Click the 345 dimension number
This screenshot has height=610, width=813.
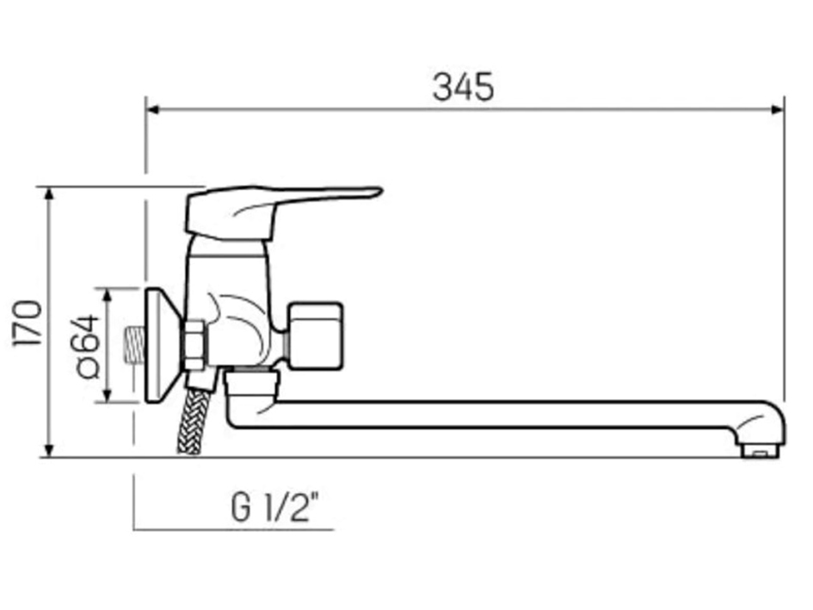coord(463,86)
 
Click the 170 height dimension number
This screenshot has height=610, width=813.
coord(28,323)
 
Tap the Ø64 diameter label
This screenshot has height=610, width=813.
coord(87,345)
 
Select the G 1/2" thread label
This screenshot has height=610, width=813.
coord(280,508)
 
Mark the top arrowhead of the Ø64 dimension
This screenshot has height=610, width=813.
coord(108,294)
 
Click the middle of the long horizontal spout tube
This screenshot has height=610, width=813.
coord(499,414)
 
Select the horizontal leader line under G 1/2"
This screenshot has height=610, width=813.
coord(232,529)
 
